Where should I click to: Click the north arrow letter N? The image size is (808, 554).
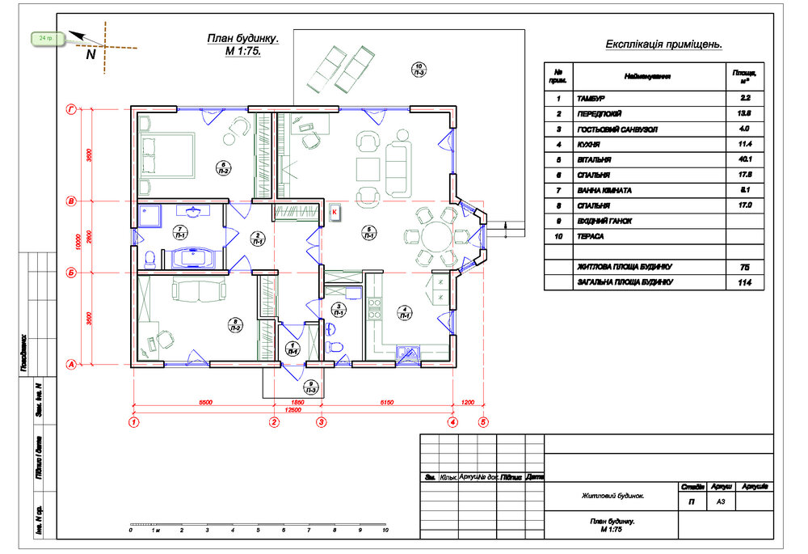pyautogui.click(x=90, y=55)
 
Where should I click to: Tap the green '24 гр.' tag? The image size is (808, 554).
pyautogui.click(x=45, y=38)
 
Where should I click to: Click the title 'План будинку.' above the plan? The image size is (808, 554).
pyautogui.click(x=242, y=38)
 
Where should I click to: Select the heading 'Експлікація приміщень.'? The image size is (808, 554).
pyautogui.click(x=663, y=44)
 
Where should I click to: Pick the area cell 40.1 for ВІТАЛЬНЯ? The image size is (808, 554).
pyautogui.click(x=745, y=159)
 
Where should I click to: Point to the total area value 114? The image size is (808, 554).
pyautogui.click(x=745, y=282)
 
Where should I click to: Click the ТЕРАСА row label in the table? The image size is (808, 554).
pyautogui.click(x=591, y=236)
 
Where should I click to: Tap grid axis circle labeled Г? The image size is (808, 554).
pyautogui.click(x=71, y=108)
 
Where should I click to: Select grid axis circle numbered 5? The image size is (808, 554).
pyautogui.click(x=483, y=421)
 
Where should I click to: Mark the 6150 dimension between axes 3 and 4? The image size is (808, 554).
pyautogui.click(x=386, y=402)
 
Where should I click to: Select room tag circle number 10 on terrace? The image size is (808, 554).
pyautogui.click(x=419, y=70)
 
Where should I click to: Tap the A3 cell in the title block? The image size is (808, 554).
pyautogui.click(x=722, y=501)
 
